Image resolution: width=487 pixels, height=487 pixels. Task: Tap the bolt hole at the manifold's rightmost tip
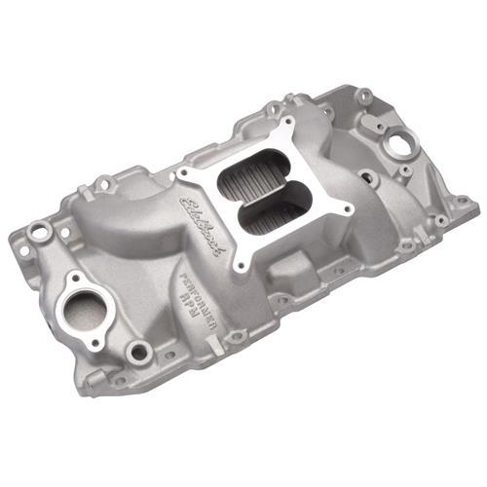pos(463,205)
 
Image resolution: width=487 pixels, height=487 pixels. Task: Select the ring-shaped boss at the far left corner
pos(39,231)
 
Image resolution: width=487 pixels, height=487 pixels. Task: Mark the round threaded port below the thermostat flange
pos(138,351)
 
